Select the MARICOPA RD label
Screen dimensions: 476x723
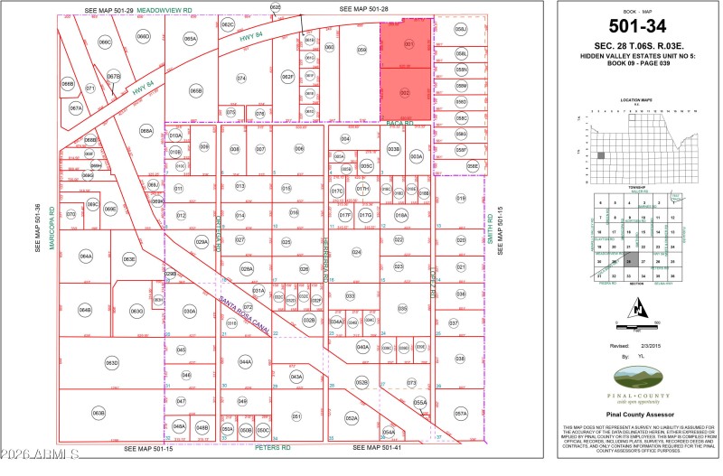pos(52,231)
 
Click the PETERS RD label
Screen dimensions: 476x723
pos(272,447)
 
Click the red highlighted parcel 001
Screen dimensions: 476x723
pos(408,43)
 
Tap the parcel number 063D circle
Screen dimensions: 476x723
pos(111,363)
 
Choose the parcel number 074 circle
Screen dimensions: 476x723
pos(241,79)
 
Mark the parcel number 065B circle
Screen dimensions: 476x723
pos(196,90)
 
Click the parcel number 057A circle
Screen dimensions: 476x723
pos(461,413)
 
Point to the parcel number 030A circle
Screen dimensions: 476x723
pos(189,311)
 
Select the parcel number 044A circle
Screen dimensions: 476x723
pos(245,361)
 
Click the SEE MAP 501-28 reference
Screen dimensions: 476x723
pos(363,8)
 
